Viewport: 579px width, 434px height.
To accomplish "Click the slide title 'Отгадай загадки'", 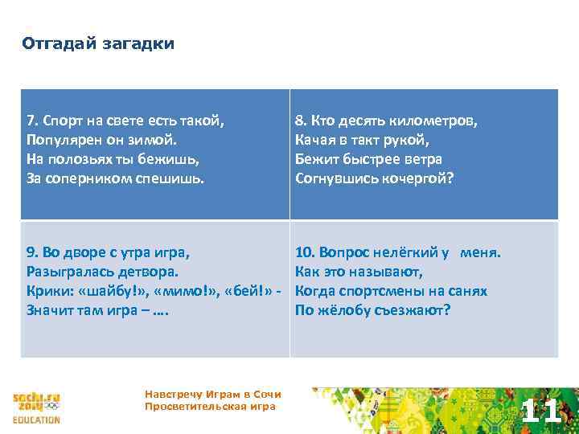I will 97,43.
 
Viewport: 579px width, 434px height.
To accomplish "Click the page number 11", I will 540,411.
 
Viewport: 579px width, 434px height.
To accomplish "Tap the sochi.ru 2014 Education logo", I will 36,407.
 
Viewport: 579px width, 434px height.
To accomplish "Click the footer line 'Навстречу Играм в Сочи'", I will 212,395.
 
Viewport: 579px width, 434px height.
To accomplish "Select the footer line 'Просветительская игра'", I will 209,407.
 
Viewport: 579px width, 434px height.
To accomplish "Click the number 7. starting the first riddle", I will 32,122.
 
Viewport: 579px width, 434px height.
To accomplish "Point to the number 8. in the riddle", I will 301,122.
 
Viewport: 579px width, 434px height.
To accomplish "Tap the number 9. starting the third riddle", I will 32,253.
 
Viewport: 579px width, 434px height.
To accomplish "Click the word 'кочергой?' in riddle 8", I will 418,178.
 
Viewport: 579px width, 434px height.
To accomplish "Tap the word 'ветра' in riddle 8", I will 423,159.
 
